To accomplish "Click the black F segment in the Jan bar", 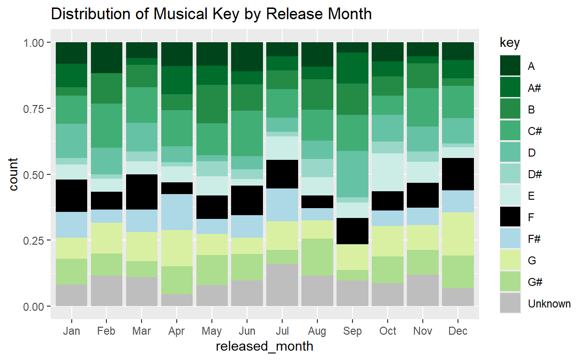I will pos(71,196).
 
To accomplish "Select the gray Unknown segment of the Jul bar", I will pos(282,285).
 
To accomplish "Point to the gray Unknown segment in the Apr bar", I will pos(177,300).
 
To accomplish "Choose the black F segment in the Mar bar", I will pos(142,192).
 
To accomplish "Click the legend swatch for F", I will pos(510,217).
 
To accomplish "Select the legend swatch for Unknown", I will pos(510,304).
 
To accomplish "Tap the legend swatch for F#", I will pos(510,239).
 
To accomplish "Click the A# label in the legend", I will pos(534,88).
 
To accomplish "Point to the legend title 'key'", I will pos(510,43).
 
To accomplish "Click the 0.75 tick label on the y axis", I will pos(34,109).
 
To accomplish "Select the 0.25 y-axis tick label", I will pos(34,240).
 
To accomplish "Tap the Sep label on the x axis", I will pos(352,331).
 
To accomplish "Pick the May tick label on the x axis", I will pos(212,331).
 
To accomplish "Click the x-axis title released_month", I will pos(264,347).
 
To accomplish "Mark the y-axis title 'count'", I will pos(14,174).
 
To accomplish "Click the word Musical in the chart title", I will pos(178,14).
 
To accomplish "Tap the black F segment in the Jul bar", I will pos(282,174).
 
